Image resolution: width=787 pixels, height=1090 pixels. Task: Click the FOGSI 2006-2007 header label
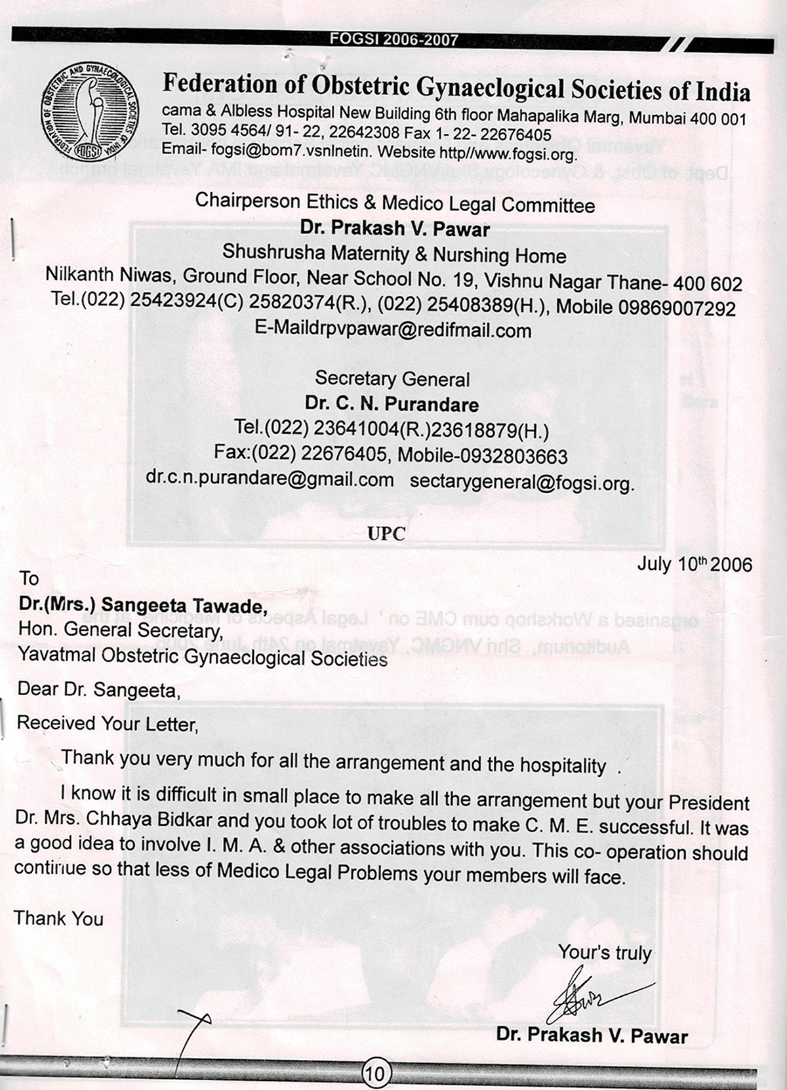coord(394,40)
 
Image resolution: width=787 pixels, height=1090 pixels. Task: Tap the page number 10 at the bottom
coord(376,1073)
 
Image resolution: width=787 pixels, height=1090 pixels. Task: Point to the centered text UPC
coord(386,533)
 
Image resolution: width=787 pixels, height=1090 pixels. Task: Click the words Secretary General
coord(392,378)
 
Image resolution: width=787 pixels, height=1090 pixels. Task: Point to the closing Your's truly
coord(605,952)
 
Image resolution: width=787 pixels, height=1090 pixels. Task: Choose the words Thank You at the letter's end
coord(58,918)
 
